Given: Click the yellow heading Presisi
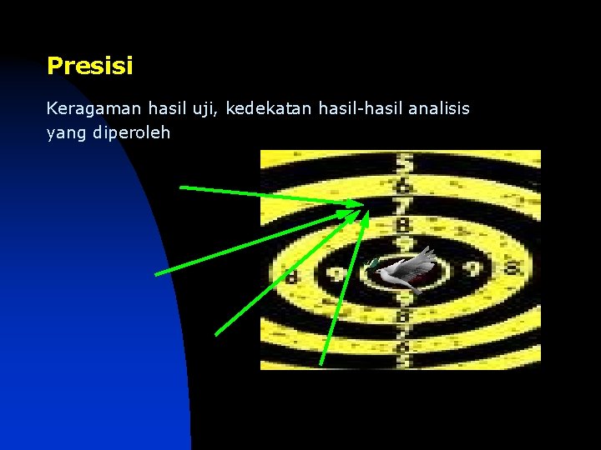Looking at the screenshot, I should pos(90,66).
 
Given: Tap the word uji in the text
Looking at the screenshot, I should pos(208,109).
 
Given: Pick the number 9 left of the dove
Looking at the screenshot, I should pos(337,273).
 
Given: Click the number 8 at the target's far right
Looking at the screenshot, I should pos(511,269).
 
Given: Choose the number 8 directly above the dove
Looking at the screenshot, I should pos(404,225).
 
